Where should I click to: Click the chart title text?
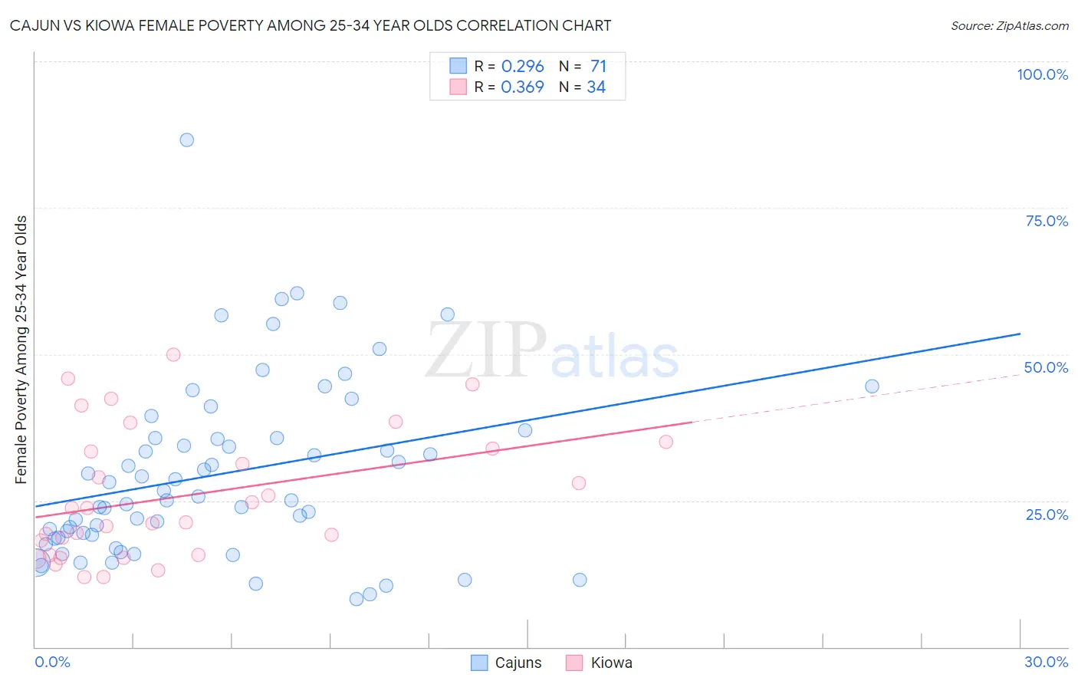pos(311,25)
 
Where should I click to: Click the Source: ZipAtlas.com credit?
pos(1009,25)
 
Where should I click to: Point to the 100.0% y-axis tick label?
pos(1042,74)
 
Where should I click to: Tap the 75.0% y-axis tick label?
pos(1047,221)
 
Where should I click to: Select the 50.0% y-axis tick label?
pos(1046,367)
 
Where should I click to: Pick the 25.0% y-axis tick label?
pos(1047,515)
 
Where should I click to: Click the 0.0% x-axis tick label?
pos(52,662)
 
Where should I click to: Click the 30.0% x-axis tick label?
pos(1046,662)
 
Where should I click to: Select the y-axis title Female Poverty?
pos(21,350)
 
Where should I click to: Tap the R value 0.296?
pos(522,66)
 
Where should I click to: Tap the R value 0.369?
pos(522,87)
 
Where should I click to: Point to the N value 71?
pos(598,66)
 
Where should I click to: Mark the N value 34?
pos(596,87)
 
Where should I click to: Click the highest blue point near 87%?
pos(186,140)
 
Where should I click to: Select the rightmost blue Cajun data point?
pos(872,386)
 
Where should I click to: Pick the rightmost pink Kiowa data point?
pos(666,442)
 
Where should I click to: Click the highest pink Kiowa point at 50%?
pos(173,354)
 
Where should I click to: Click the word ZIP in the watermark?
pos(485,351)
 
